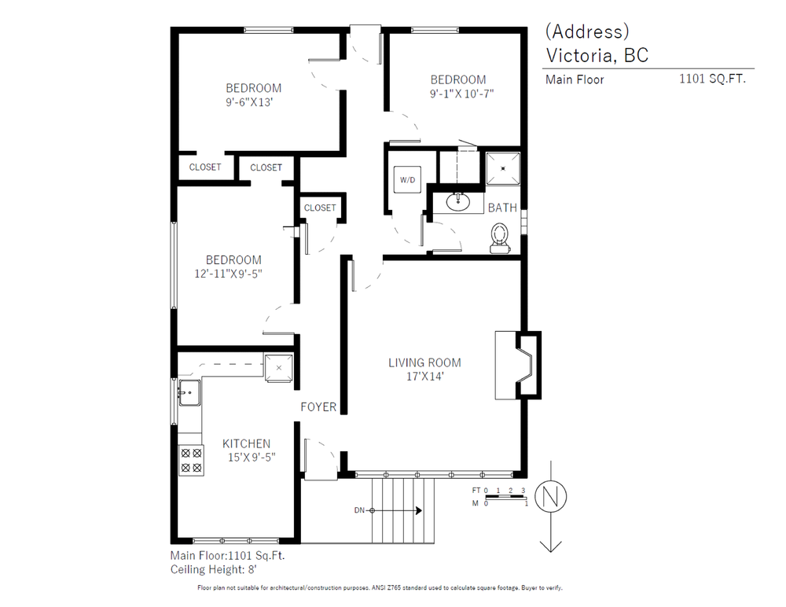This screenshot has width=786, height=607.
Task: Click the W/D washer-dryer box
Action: pyautogui.click(x=408, y=179)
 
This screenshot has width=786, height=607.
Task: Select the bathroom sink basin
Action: pyautogui.click(x=458, y=202)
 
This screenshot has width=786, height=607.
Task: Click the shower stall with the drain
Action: pyautogui.click(x=502, y=167)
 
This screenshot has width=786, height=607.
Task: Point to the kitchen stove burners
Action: pyautogui.click(x=190, y=460)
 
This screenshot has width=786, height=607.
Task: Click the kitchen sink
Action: pyautogui.click(x=188, y=391)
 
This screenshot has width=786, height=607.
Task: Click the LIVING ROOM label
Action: pyautogui.click(x=424, y=362)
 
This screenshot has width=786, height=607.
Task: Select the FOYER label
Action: pyautogui.click(x=318, y=407)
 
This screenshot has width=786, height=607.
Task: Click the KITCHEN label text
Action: pyautogui.click(x=246, y=443)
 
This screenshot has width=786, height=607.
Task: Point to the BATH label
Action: pyautogui.click(x=502, y=208)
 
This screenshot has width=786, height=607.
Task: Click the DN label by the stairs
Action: pyautogui.click(x=359, y=510)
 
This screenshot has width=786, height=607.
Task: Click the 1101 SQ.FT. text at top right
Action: pyautogui.click(x=712, y=79)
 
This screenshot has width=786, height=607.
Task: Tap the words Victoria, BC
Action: pyautogui.click(x=597, y=55)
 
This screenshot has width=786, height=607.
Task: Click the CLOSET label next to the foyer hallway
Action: pyautogui.click(x=319, y=208)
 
